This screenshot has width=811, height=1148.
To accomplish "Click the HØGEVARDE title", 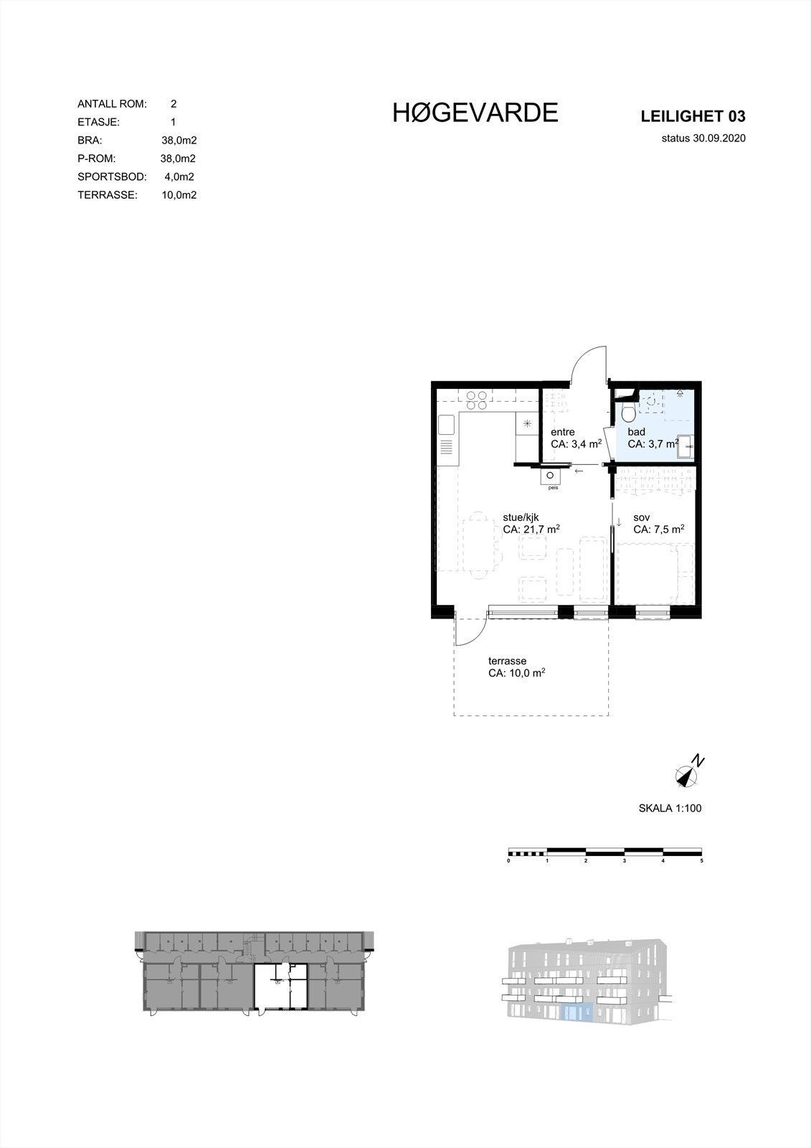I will (x=475, y=113).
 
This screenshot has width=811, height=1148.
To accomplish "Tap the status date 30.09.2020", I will (x=703, y=139).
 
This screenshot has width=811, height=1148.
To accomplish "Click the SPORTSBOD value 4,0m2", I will (x=179, y=177).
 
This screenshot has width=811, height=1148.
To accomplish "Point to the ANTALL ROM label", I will (x=112, y=104).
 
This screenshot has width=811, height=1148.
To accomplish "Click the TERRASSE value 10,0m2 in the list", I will (x=179, y=194).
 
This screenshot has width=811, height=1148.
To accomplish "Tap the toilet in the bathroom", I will (x=627, y=413).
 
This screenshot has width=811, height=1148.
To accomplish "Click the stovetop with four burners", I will (x=477, y=399).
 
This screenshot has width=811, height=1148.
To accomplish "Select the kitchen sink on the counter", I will (x=446, y=425).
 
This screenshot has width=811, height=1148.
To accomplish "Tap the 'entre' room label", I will (x=562, y=432).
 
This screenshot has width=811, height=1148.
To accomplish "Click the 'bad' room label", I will (x=636, y=432).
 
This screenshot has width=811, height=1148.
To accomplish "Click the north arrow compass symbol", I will (x=688, y=773).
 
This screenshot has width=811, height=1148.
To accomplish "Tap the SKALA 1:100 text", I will (x=670, y=809).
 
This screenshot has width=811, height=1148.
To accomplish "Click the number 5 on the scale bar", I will (x=701, y=860).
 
